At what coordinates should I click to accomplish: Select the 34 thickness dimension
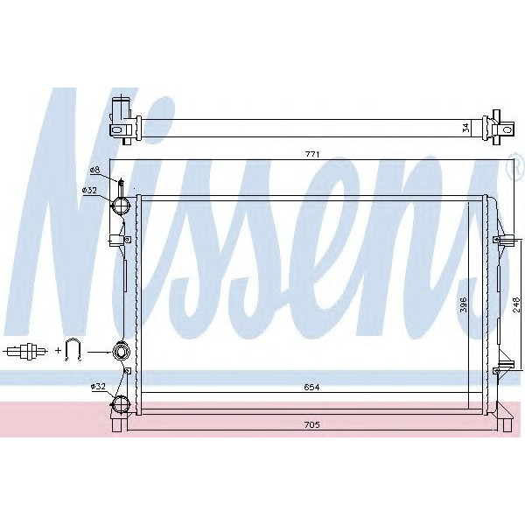pyautogui.click(x=465, y=127)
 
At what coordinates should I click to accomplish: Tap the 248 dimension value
pyautogui.click(x=516, y=304)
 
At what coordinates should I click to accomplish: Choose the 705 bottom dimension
pyautogui.click(x=312, y=425)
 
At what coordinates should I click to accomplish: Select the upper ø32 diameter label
pyautogui.click(x=89, y=191)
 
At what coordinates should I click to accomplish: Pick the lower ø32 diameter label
pyautogui.click(x=97, y=386)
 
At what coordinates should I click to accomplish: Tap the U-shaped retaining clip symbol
pyautogui.click(x=73, y=351)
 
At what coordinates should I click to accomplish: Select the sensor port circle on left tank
pyautogui.click(x=121, y=352)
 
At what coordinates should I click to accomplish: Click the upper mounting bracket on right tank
pyautogui.click(x=504, y=239)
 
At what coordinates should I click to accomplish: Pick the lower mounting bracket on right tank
pyautogui.click(x=504, y=365)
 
